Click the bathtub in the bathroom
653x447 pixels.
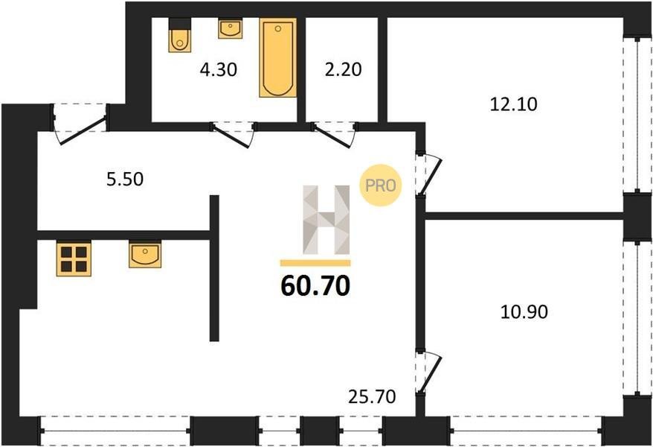[x=277, y=57]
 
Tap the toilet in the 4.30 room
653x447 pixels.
[x=180, y=36]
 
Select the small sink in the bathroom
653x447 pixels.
[x=231, y=29]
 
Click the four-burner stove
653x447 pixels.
[x=74, y=259]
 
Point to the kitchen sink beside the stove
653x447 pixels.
[x=145, y=254]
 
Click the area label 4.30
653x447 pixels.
[x=219, y=69]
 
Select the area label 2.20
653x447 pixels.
[x=343, y=69]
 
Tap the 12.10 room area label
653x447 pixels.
[x=513, y=104]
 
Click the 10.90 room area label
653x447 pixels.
[x=524, y=312]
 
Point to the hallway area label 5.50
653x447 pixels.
[x=125, y=180]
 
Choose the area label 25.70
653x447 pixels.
[x=372, y=396]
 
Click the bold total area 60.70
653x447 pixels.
[x=315, y=286]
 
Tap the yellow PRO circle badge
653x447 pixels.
[x=381, y=186]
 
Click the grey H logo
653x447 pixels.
[x=326, y=220]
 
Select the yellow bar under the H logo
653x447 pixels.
[x=315, y=263]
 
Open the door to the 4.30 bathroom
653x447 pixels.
[x=234, y=134]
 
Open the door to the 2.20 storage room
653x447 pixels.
[x=334, y=134]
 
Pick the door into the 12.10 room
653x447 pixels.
[x=428, y=174]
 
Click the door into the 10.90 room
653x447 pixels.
[x=428, y=372]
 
